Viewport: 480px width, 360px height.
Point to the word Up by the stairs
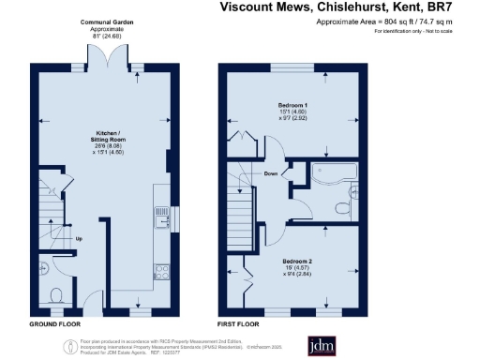click(79, 236)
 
